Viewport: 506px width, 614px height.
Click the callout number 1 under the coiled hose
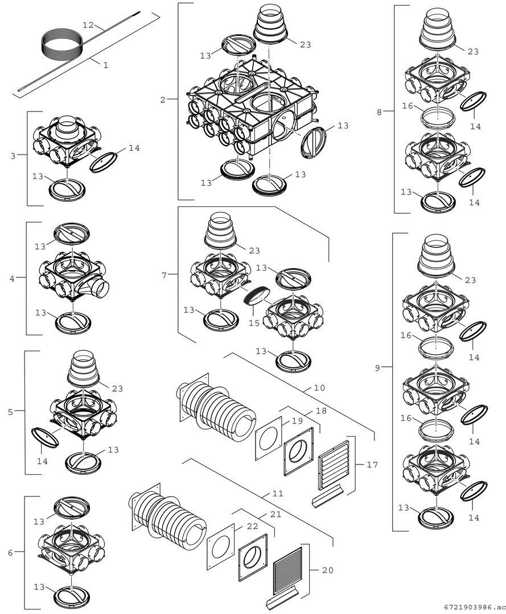coord(105,65)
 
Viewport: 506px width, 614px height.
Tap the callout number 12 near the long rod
coord(88,25)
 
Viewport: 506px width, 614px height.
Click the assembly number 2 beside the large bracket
coord(163,100)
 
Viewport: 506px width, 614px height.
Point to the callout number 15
coord(254,323)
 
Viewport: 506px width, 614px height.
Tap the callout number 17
coord(372,465)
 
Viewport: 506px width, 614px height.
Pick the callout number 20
coord(328,570)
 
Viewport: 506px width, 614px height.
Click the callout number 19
coord(298,421)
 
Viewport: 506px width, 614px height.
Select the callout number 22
coord(253,526)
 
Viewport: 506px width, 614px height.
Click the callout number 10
coord(319,388)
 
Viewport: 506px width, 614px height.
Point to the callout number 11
coord(278,494)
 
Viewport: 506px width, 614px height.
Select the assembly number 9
coord(377,368)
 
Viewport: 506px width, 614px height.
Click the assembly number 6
coord(10,553)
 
